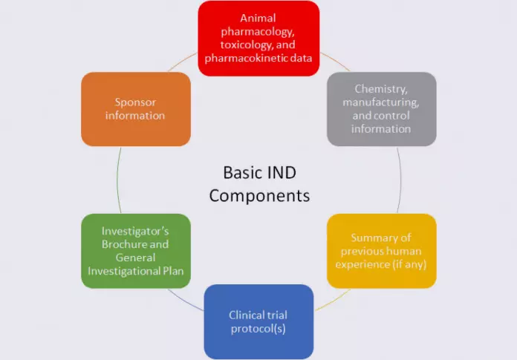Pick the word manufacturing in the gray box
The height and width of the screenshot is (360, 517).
coord(382,102)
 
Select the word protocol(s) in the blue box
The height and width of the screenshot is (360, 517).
coord(258,328)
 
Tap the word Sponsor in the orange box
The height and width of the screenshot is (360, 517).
coord(135,102)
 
